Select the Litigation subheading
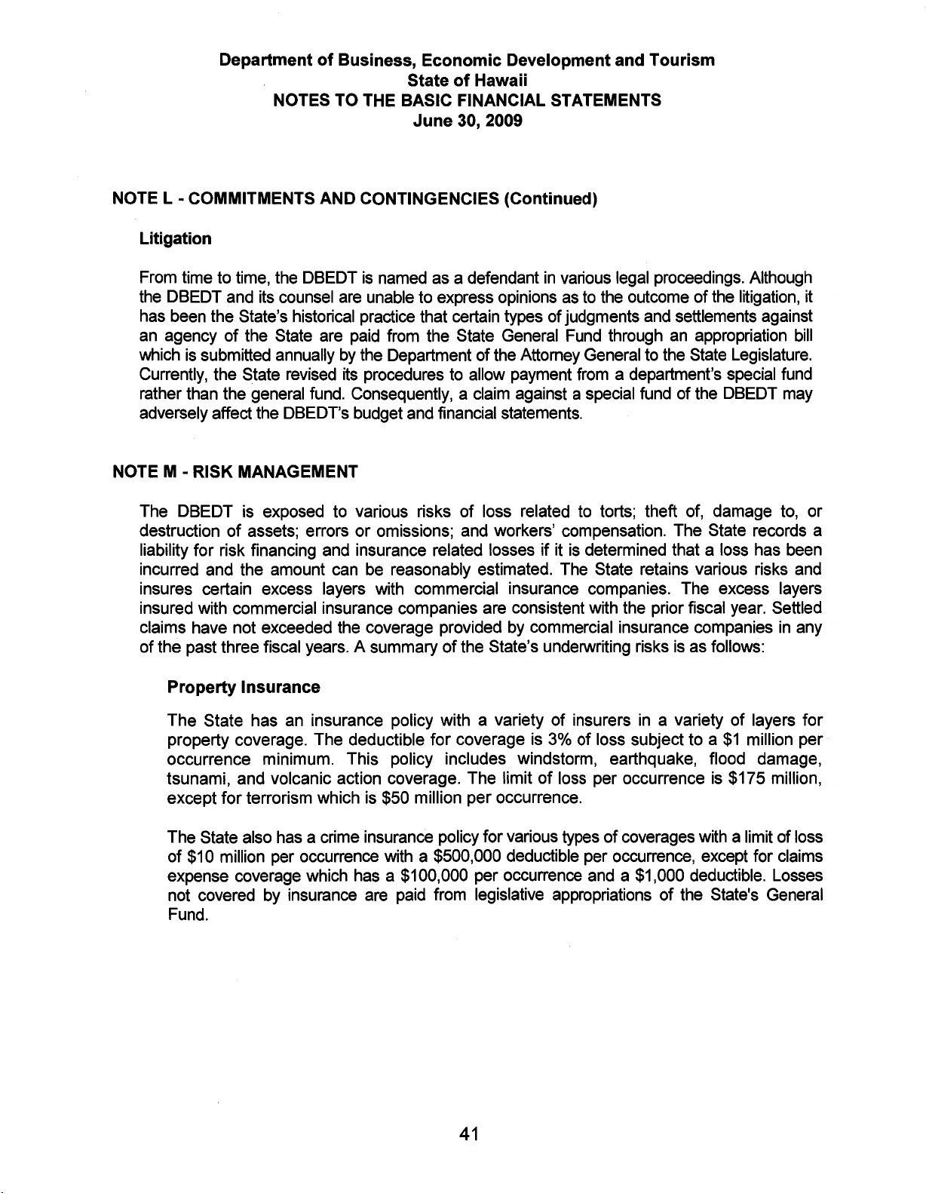pyautogui.click(x=176, y=239)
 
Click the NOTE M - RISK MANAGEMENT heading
pyautogui.click(x=235, y=473)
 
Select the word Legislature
pyautogui.click(x=777, y=333)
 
